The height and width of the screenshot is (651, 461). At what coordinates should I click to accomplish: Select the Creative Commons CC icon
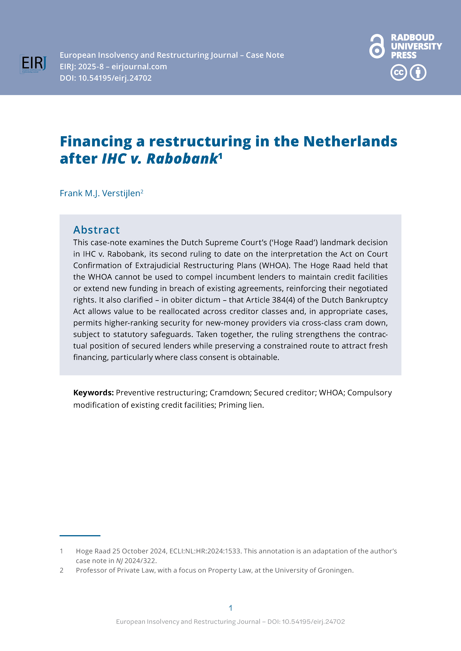tap(399, 73)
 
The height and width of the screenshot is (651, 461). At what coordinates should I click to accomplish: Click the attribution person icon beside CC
tap(418, 73)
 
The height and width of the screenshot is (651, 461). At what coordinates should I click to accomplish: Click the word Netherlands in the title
tap(350, 141)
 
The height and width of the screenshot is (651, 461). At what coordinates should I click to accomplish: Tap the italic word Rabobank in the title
tap(182, 159)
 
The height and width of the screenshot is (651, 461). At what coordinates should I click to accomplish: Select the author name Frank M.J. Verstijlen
tap(100, 193)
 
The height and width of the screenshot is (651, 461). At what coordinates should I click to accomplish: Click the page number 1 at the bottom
tap(230, 608)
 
